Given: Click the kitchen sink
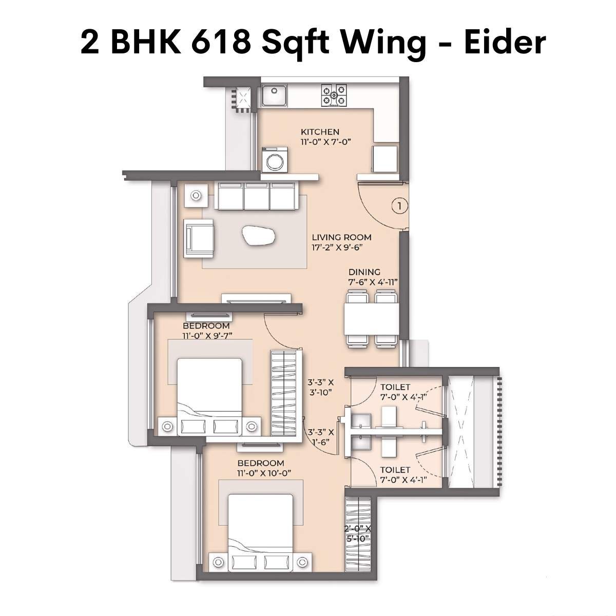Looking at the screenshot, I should pyautogui.click(x=274, y=95).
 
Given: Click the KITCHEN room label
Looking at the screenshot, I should pyautogui.click(x=320, y=132).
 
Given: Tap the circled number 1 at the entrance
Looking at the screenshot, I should pyautogui.click(x=399, y=206).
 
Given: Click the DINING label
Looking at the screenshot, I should pyautogui.click(x=364, y=272).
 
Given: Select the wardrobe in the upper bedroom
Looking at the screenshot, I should pyautogui.click(x=283, y=393).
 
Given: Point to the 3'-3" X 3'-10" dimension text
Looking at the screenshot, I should pyautogui.click(x=321, y=388).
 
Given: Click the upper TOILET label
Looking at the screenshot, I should pyautogui.click(x=395, y=387).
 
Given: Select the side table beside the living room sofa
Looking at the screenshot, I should pyautogui.click(x=196, y=196).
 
